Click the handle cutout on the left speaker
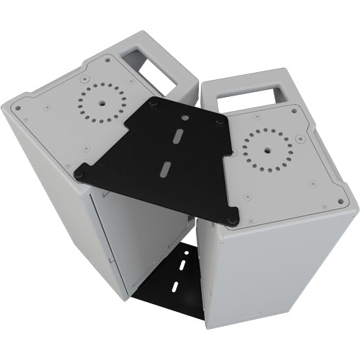pyautogui.click(x=155, y=63)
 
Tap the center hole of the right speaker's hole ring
pyautogui.click(x=267, y=151)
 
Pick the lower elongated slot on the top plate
pyautogui.click(x=166, y=168)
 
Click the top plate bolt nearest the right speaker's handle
pyautogui.click(x=221, y=121)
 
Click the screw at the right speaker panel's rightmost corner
pyautogui.click(x=342, y=202)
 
